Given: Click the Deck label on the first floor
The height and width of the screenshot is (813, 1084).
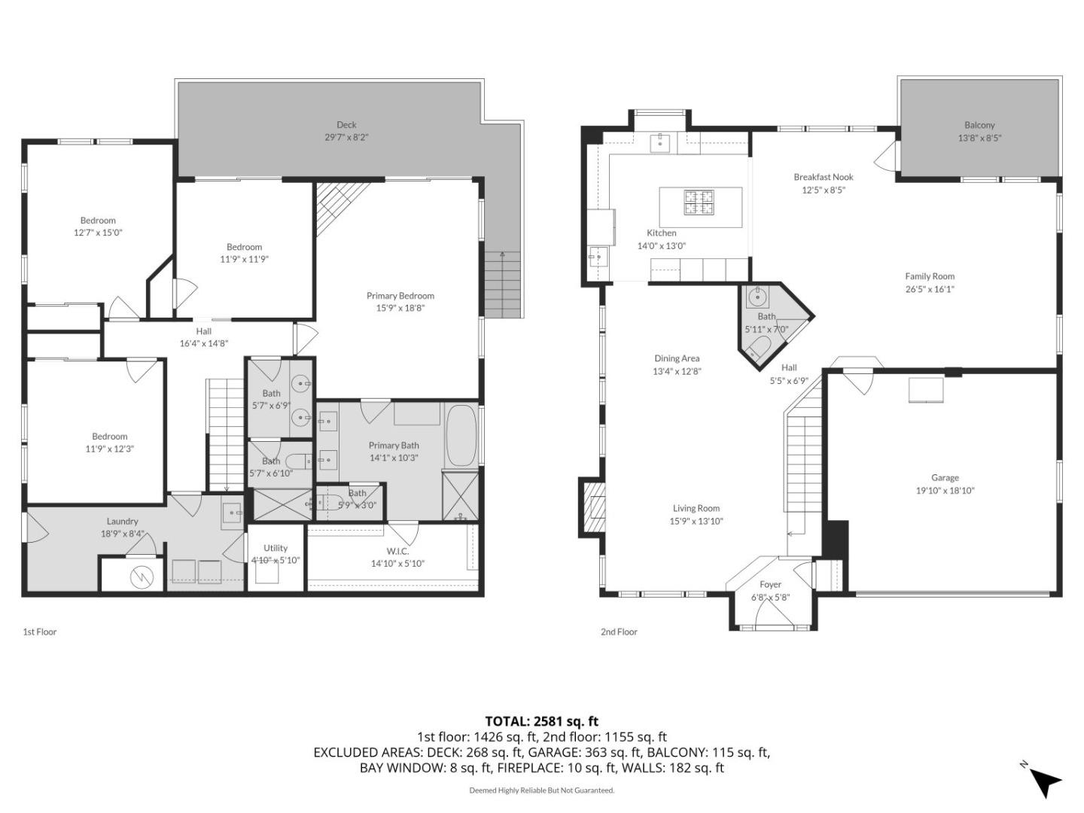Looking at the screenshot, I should (346, 125).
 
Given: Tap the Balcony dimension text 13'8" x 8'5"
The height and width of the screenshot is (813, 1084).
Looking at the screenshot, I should (979, 138).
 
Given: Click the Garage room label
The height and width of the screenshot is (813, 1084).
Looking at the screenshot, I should (945, 477).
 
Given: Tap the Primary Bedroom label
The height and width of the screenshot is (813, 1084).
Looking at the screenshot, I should (400, 296).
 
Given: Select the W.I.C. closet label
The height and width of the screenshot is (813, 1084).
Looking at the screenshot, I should (397, 551).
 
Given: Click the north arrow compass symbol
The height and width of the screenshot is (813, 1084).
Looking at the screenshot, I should (1045, 781).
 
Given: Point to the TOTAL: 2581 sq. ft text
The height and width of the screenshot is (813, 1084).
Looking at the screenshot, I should (541, 721).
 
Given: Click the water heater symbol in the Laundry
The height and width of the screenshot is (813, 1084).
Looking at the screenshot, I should (141, 577).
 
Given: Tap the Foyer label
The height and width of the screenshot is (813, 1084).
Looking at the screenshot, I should (770, 584).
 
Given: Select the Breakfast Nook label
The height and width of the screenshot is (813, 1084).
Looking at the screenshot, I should (824, 177).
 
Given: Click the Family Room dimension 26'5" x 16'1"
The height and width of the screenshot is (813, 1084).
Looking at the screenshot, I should (930, 289).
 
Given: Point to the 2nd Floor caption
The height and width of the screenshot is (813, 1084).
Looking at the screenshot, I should (619, 632).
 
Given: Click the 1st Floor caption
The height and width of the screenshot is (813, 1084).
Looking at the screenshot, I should (40, 632).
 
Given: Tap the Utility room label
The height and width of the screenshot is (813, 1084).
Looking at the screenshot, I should (276, 548).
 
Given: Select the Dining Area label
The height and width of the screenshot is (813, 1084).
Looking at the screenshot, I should (677, 358).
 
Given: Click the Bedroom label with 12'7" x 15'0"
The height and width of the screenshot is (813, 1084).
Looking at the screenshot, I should (98, 221).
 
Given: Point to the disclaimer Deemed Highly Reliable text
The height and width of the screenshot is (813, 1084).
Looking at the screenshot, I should (541, 790).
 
